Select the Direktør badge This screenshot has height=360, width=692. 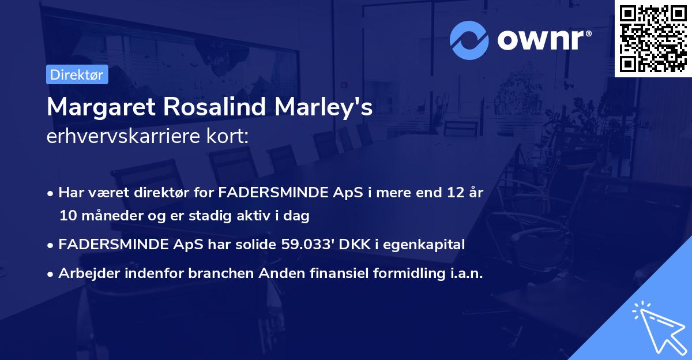click(x=77, y=74)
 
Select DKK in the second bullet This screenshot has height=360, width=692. click(x=351, y=245)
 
